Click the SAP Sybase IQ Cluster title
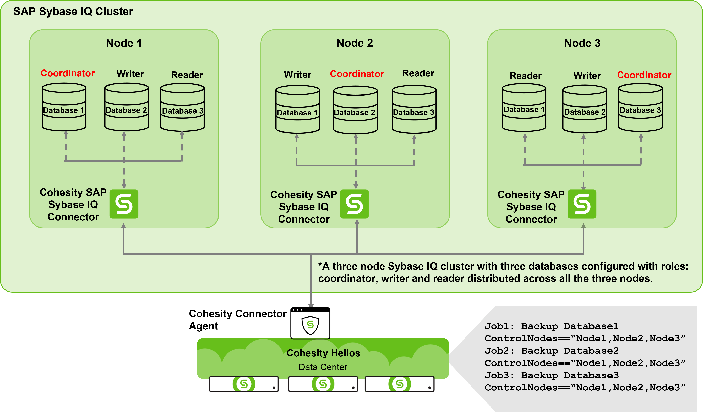pyautogui.click(x=73, y=12)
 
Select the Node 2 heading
pyautogui.click(x=355, y=43)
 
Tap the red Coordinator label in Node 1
pyautogui.click(x=68, y=73)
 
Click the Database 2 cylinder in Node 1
pyautogui.click(x=126, y=108)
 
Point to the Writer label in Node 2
pyautogui.click(x=297, y=75)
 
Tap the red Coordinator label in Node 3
pyautogui.click(x=644, y=75)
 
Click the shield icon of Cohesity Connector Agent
pyautogui.click(x=310, y=325)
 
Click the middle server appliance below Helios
pyautogui.click(x=323, y=384)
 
